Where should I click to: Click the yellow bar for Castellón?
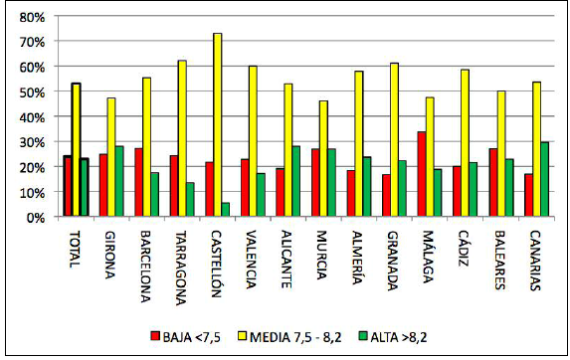pyautogui.click(x=218, y=124)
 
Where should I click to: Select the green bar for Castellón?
pyautogui.click(x=226, y=210)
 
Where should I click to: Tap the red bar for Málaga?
pyautogui.click(x=422, y=174)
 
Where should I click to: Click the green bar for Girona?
pyautogui.click(x=119, y=181)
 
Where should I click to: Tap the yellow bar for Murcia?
pyautogui.click(x=320, y=158)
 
